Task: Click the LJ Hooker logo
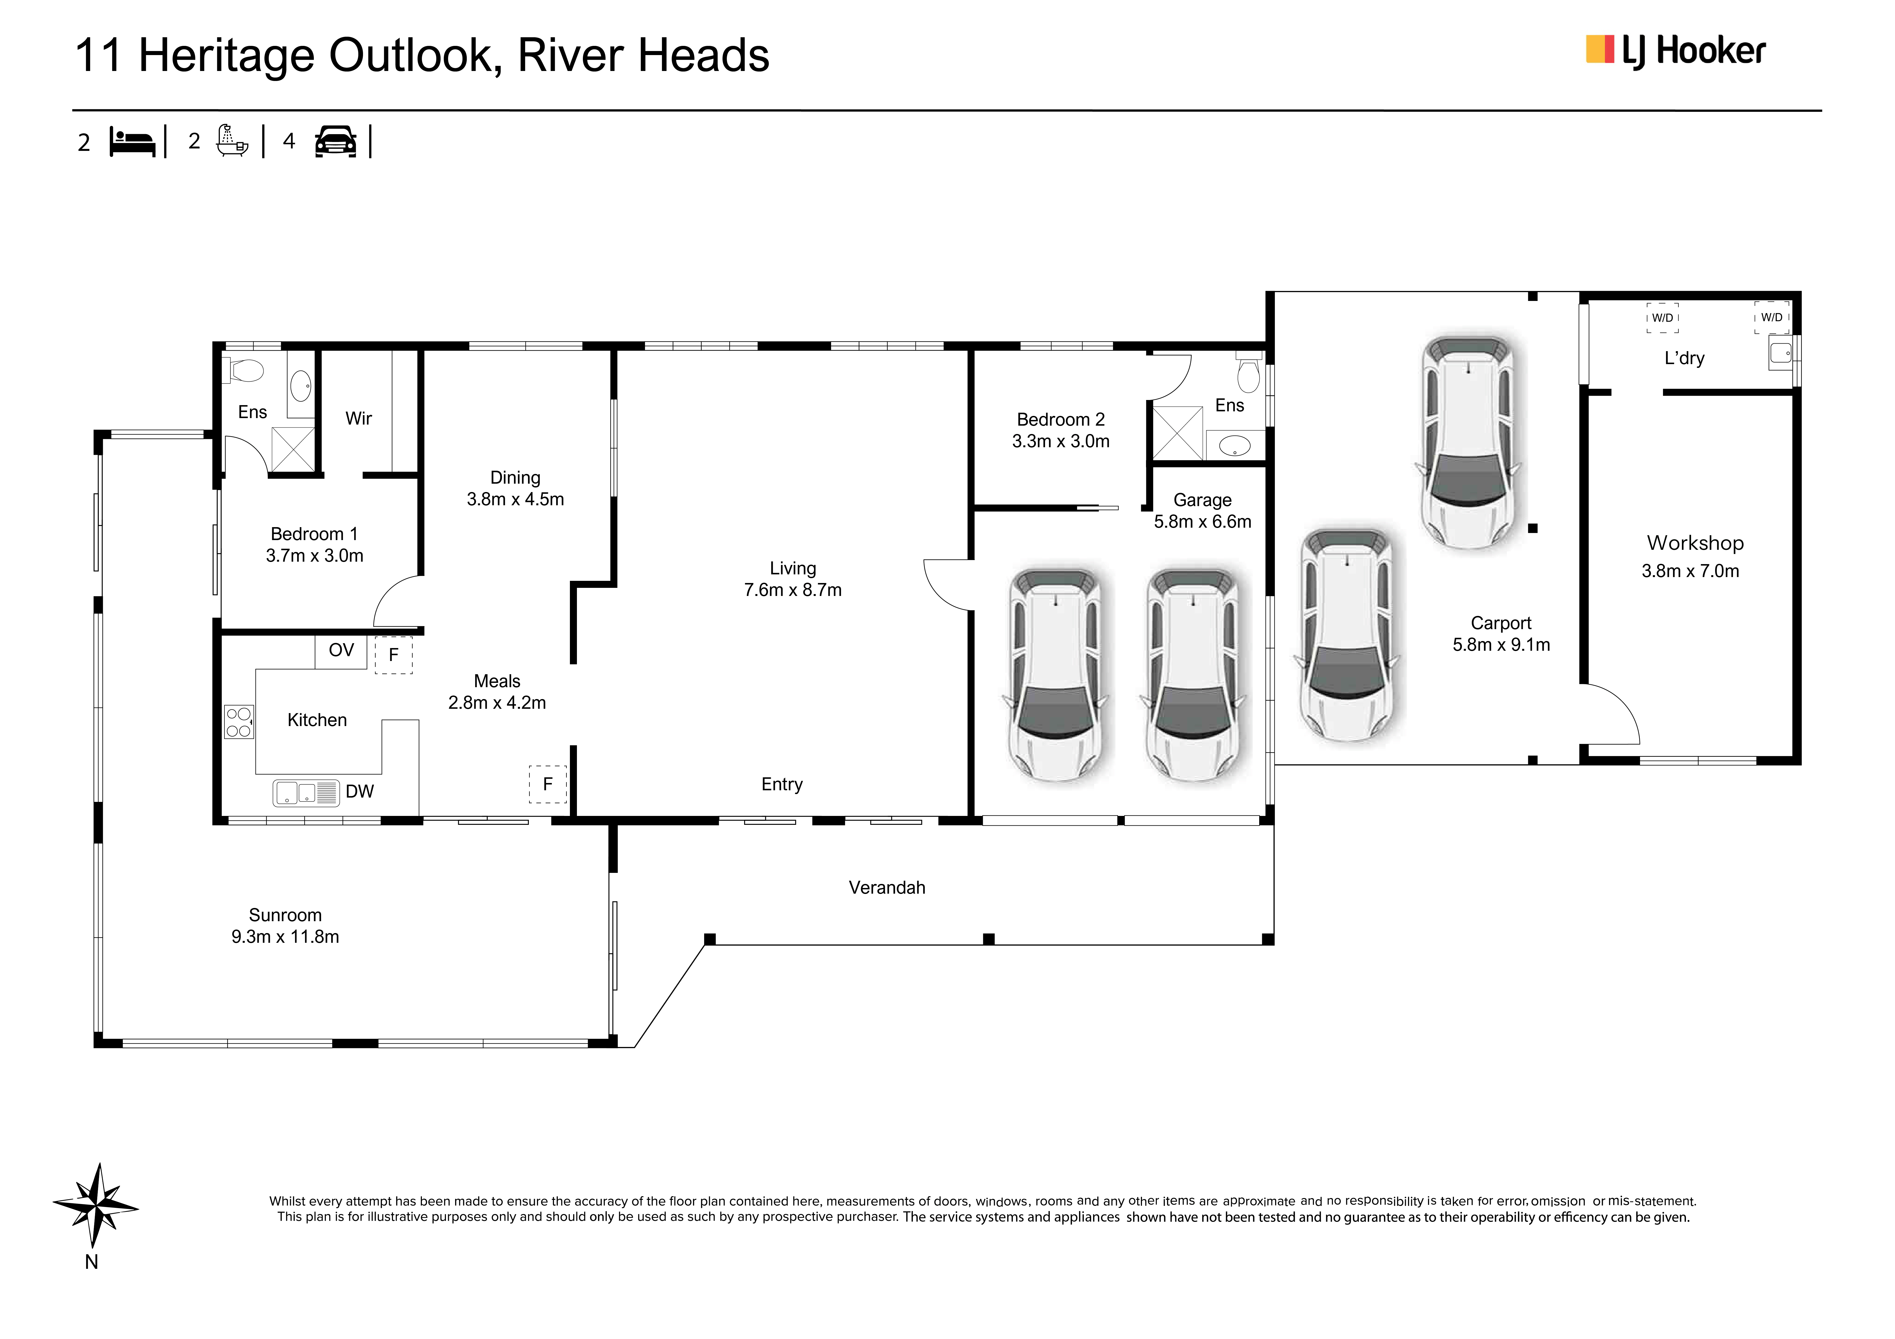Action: click(x=1675, y=51)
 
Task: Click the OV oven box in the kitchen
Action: click(x=341, y=651)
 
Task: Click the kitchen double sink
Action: click(x=305, y=793)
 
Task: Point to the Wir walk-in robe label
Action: click(x=358, y=418)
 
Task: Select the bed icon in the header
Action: click(x=132, y=142)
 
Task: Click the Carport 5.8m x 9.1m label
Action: click(x=1500, y=634)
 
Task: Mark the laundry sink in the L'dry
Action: click(x=1780, y=354)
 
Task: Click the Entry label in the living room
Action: click(x=782, y=785)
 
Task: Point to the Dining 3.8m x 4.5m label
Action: click(x=515, y=489)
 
